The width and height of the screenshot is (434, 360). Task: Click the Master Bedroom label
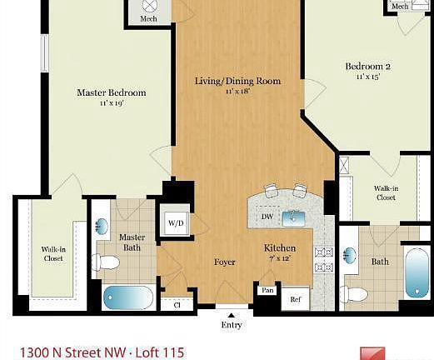pyautogui.click(x=111, y=92)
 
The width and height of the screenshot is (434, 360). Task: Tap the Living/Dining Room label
pyautogui.click(x=237, y=81)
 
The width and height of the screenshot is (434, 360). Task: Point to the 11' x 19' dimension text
pyautogui.click(x=111, y=103)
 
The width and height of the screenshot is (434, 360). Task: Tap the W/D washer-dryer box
pyautogui.click(x=176, y=222)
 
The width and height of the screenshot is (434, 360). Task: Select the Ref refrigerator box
pyautogui.click(x=295, y=298)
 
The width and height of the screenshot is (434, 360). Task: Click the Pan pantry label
pyautogui.click(x=267, y=290)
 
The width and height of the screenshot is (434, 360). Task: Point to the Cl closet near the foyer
pyautogui.click(x=177, y=304)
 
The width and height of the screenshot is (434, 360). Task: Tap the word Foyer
pyautogui.click(x=224, y=262)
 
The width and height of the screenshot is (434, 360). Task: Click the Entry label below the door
pyautogui.click(x=232, y=325)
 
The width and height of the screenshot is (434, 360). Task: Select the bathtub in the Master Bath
pyautogui.click(x=128, y=297)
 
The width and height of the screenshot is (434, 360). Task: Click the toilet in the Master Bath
pyautogui.click(x=107, y=262)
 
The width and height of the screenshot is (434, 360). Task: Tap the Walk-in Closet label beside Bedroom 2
pyautogui.click(x=384, y=193)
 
